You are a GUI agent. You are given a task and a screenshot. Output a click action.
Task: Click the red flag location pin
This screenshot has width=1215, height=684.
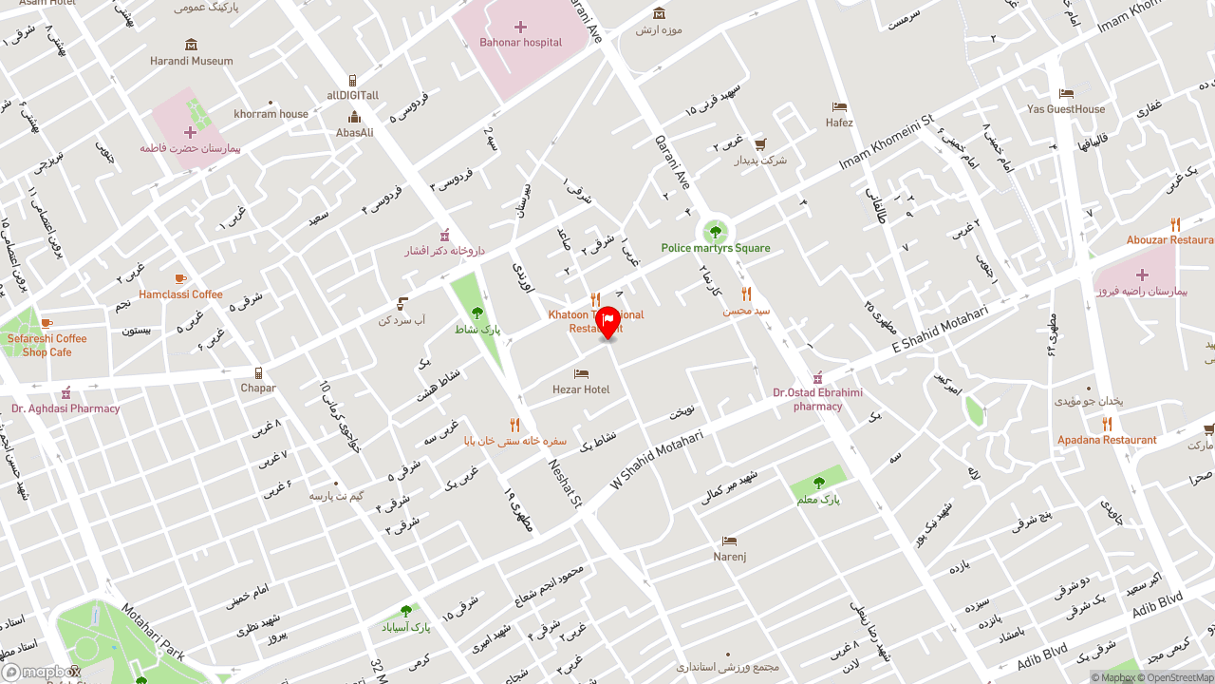click(607, 322)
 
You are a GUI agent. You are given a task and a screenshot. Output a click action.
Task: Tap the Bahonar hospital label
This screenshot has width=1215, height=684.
click(520, 43)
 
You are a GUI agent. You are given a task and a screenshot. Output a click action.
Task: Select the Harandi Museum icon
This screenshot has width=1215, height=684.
click(192, 45)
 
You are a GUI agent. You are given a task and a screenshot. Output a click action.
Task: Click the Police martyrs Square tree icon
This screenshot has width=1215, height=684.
click(716, 232)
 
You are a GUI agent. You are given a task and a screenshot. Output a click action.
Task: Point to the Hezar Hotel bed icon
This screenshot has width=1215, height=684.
click(581, 374)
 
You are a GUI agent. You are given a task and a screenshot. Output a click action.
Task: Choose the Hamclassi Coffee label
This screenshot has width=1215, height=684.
click(180, 294)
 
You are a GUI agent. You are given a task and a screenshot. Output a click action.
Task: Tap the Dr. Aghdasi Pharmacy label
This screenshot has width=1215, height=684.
click(65, 408)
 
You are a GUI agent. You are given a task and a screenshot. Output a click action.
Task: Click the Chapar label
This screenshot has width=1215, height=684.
click(258, 388)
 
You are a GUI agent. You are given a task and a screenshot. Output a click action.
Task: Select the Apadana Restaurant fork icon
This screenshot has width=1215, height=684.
click(1107, 424)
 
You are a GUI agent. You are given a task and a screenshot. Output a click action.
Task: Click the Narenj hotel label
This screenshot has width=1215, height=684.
click(729, 557)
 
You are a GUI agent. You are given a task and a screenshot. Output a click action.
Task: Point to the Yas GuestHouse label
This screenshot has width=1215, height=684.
click(1066, 109)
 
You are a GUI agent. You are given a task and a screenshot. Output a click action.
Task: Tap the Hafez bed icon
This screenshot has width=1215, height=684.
click(839, 107)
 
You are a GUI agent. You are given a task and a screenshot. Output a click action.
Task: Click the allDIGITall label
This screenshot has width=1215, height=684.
click(353, 95)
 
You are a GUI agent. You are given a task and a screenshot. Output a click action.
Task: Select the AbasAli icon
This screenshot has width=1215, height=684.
click(354, 117)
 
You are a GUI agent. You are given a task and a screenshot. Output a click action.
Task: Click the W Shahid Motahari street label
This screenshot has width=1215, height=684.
click(656, 455)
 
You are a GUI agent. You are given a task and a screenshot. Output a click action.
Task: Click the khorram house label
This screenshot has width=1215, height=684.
click(271, 114)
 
